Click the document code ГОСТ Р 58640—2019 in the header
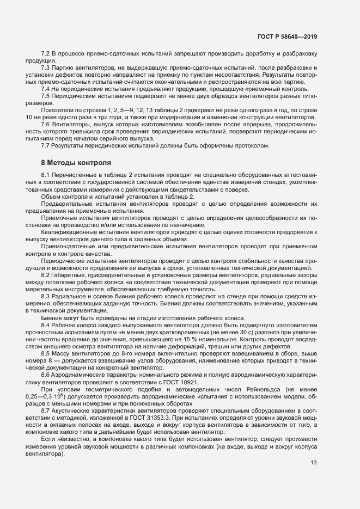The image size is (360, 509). [286, 37]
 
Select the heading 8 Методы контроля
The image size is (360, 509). [76, 162]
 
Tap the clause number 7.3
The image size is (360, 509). [46, 68]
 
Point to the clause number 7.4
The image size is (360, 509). [46, 89]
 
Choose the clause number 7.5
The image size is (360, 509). [46, 96]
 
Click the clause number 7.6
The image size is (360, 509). [46, 124]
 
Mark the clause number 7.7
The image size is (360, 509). [46, 145]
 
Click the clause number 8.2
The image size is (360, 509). [46, 275]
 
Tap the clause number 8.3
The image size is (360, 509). [46, 296]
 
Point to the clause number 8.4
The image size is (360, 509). [46, 325]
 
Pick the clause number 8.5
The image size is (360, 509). [46, 353]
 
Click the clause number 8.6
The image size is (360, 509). [46, 375]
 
